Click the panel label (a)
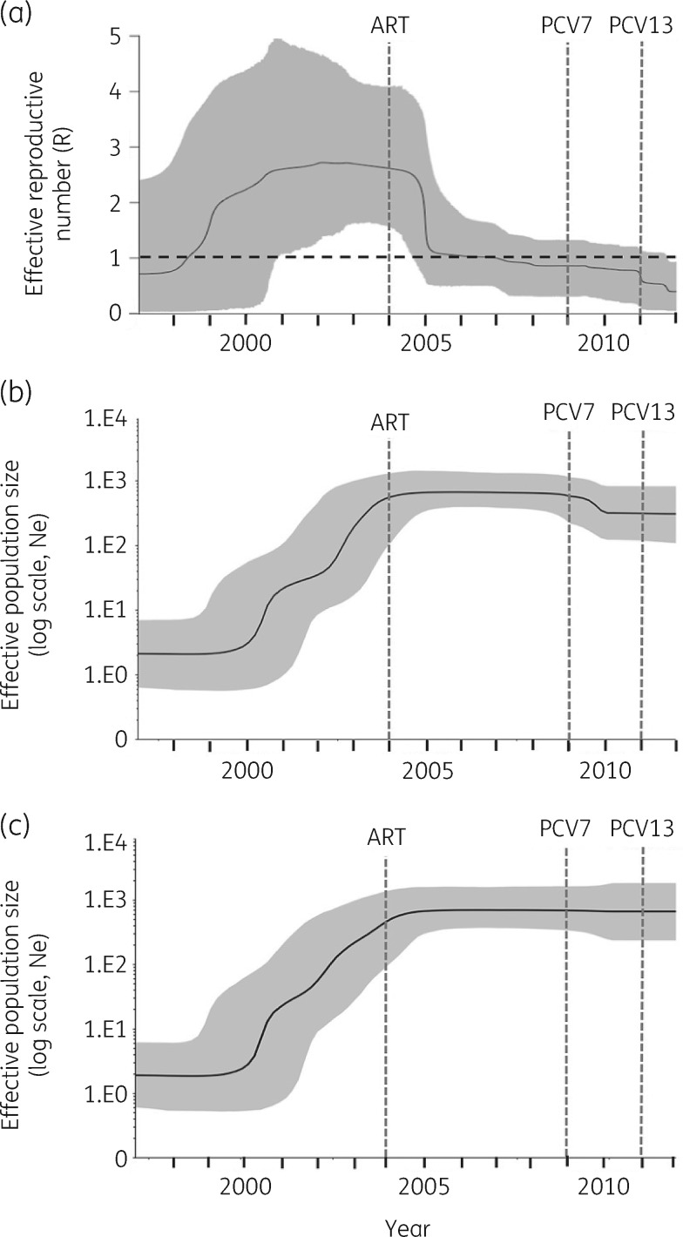[17, 16]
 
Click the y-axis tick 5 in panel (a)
[115, 37]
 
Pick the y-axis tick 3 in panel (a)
[115, 147]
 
